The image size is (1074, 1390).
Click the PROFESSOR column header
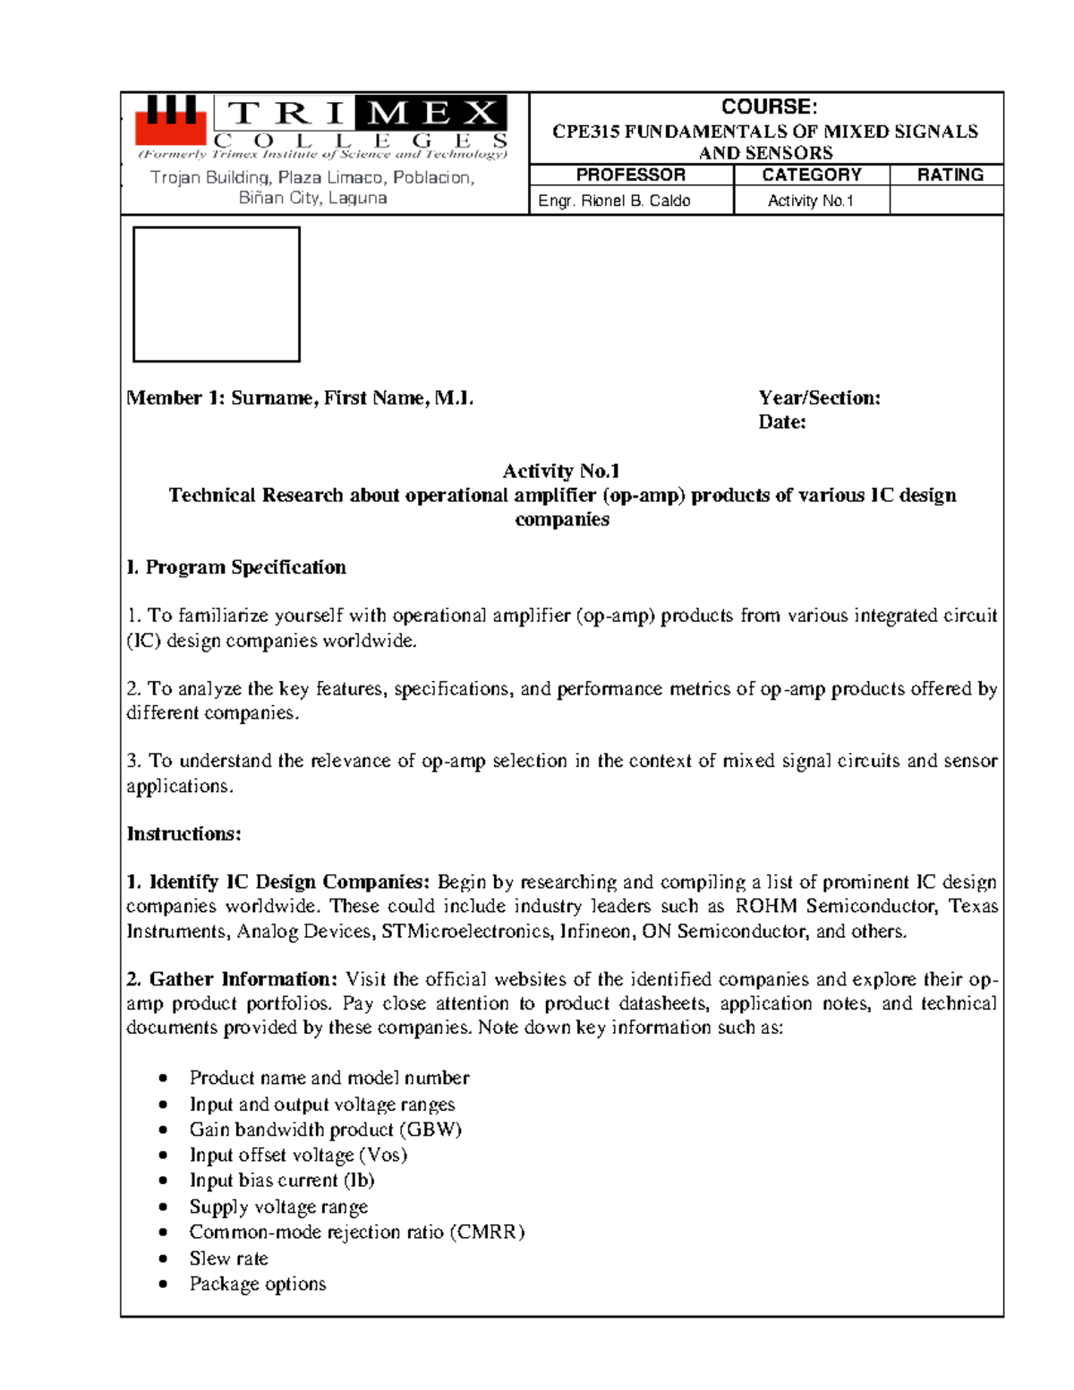tap(630, 175)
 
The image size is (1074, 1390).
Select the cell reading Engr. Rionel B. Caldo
tap(614, 200)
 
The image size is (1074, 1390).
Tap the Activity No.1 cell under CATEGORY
tap(810, 200)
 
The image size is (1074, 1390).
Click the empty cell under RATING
tap(946, 200)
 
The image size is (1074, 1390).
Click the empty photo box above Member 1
tap(217, 294)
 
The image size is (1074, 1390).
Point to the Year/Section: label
tap(819, 398)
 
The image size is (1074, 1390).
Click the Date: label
tap(781, 422)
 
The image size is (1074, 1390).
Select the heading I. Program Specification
tap(236, 567)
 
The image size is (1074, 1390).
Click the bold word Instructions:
tap(183, 834)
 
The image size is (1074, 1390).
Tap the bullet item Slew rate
tap(228, 1258)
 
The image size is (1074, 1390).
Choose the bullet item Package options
tap(258, 1283)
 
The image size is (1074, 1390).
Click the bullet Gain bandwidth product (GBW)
tap(325, 1130)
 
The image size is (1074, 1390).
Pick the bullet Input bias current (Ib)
tap(282, 1181)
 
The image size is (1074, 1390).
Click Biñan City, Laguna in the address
tap(312, 198)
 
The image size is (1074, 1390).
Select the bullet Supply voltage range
tap(278, 1207)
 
